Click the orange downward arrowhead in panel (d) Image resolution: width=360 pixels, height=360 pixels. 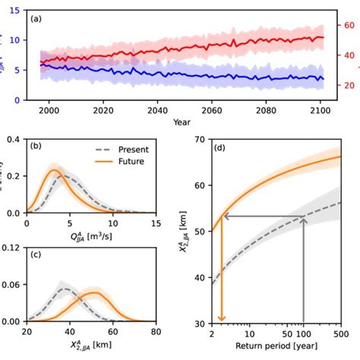[x=222, y=317]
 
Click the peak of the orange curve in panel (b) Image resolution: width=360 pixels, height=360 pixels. [x=54, y=171]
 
